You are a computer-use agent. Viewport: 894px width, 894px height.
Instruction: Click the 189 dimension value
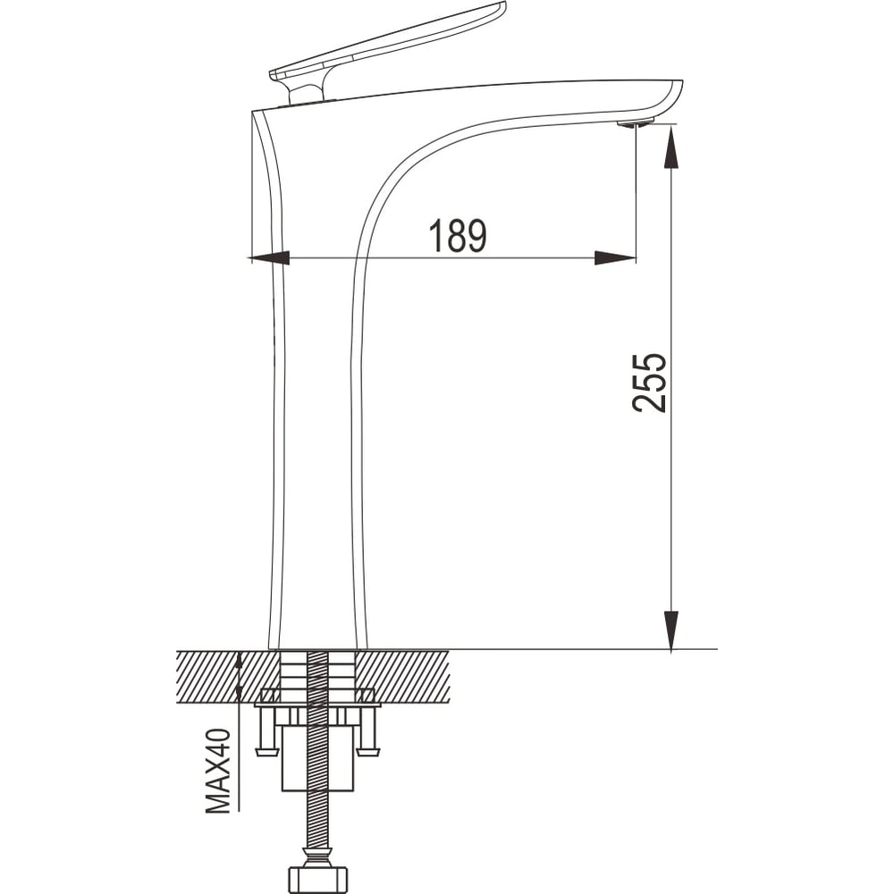[x=459, y=235]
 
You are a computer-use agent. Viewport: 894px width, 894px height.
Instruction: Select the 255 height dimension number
[x=649, y=383]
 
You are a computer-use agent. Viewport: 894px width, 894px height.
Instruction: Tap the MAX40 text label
[x=218, y=771]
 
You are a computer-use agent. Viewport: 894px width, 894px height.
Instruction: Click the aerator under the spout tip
[x=636, y=123]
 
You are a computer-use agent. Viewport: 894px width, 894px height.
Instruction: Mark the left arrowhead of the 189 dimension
[x=269, y=258]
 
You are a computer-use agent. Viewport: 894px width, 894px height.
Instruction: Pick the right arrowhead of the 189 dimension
[x=615, y=258]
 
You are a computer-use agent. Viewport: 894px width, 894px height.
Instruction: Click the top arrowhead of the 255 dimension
[x=671, y=148]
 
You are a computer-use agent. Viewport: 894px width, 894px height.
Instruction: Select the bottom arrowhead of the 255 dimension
[x=671, y=630]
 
